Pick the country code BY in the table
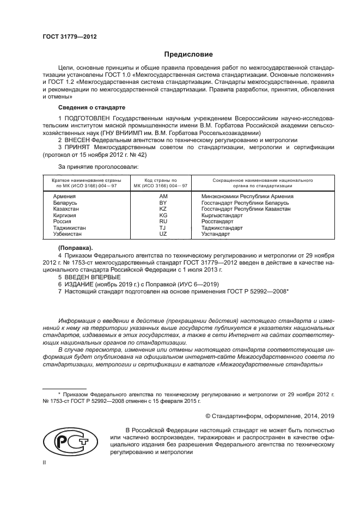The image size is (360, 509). pos(162,203)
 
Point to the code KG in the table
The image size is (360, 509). pos(162,215)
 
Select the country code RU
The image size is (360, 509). pos(162,222)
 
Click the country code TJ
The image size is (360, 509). pos(162,228)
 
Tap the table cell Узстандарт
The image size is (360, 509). pos(216,234)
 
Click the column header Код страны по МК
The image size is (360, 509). pos(160,182)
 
